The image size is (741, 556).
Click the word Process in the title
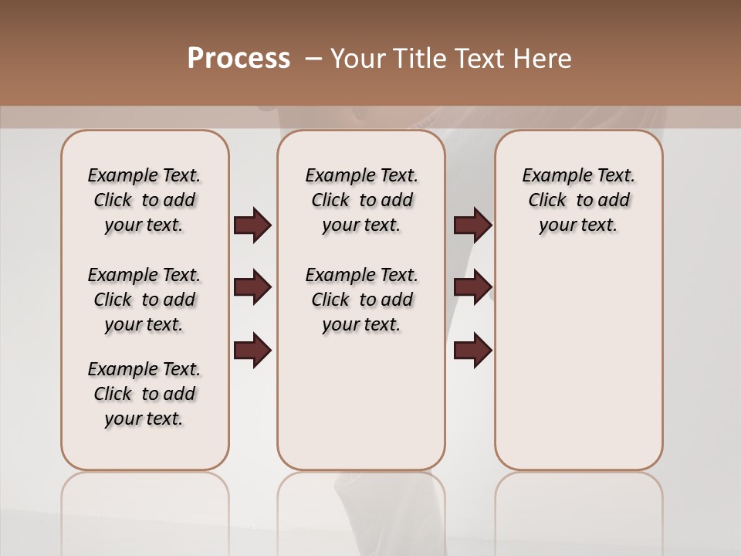(x=239, y=58)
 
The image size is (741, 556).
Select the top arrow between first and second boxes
(x=252, y=225)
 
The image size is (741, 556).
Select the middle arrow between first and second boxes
(x=252, y=288)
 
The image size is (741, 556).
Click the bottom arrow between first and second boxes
(x=252, y=351)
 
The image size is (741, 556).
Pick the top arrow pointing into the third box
(x=472, y=225)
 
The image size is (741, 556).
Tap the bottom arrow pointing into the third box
(x=472, y=351)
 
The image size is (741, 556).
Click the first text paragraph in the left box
(x=144, y=200)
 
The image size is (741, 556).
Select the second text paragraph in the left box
(x=144, y=300)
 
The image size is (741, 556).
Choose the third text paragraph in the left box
(x=144, y=394)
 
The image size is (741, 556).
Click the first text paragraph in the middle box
(x=361, y=200)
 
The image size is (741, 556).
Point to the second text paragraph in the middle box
(x=361, y=300)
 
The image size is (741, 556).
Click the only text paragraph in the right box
(x=578, y=200)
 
